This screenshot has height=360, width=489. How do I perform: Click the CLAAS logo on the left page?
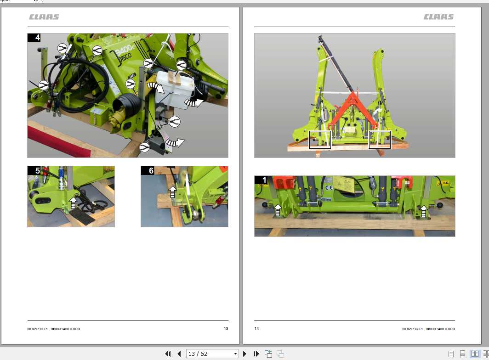[x=44, y=17]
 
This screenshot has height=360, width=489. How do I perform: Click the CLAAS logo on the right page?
[x=438, y=17]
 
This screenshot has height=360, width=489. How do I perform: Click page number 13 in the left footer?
[x=226, y=329]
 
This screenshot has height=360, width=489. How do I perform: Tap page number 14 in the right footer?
[x=257, y=329]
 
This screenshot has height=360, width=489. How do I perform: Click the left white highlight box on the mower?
[x=320, y=140]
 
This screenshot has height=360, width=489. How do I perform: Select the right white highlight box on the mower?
[x=380, y=140]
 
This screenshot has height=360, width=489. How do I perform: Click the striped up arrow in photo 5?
[x=73, y=202]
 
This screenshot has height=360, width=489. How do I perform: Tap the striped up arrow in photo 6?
[x=173, y=191]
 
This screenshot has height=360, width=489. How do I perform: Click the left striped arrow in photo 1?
[x=278, y=210]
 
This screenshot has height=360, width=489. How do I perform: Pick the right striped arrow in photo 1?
[x=424, y=211]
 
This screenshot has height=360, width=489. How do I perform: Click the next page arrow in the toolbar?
[x=244, y=354]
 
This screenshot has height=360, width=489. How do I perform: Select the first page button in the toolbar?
[x=168, y=354]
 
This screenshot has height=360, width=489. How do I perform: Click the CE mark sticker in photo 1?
[x=329, y=187]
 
